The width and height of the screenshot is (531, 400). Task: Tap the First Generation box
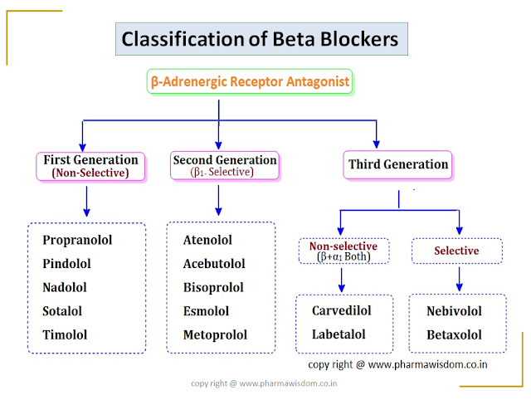pyautogui.click(x=90, y=166)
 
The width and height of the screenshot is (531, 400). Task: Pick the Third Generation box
pyautogui.click(x=397, y=164)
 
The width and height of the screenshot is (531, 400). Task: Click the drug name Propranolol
pyautogui.click(x=77, y=240)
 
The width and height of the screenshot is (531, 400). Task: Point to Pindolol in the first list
pyautogui.click(x=68, y=264)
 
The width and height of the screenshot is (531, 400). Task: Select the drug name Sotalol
pyautogui.click(x=65, y=311)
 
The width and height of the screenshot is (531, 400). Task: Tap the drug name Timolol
pyautogui.click(x=65, y=335)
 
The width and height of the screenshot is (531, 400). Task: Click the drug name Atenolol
pyautogui.click(x=207, y=240)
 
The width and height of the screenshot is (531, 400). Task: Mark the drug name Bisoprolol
pyautogui.click(x=213, y=287)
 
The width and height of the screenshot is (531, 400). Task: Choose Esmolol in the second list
pyautogui.click(x=207, y=311)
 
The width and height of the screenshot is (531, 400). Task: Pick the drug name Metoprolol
pyautogui.click(x=215, y=335)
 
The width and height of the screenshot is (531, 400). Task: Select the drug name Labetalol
pyautogui.click(x=340, y=334)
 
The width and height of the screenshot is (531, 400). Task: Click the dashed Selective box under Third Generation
pyautogui.click(x=456, y=251)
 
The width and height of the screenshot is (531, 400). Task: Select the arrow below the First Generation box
pyautogui.click(x=87, y=202)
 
